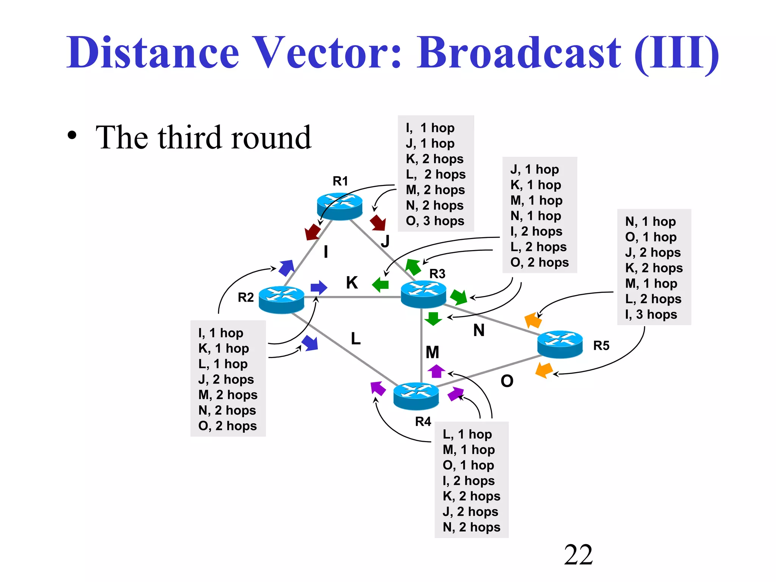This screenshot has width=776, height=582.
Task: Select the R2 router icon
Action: tap(281, 299)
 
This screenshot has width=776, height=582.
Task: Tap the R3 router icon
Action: tap(423, 294)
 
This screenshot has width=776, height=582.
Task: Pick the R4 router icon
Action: tap(416, 396)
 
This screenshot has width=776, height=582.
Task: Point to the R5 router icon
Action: tap(560, 344)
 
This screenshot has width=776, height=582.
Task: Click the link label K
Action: tap(352, 283)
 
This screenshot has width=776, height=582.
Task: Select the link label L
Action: tap(355, 338)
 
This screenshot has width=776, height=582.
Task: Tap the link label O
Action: tap(507, 381)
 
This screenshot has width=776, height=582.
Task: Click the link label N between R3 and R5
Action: tap(479, 330)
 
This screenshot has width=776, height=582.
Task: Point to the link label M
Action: tap(432, 352)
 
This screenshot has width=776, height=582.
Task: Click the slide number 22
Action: tap(578, 555)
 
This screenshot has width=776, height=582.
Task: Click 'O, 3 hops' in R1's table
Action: tap(435, 221)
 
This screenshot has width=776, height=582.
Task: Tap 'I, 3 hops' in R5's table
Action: tap(651, 314)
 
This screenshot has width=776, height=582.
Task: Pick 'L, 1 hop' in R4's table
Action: tap(467, 434)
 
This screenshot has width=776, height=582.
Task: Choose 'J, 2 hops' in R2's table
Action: tap(226, 379)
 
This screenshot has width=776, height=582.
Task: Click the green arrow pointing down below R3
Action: tap(433, 319)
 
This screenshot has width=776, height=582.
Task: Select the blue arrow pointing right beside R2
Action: tap(319, 288)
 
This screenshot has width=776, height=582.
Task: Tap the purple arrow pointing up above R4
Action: tap(436, 371)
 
